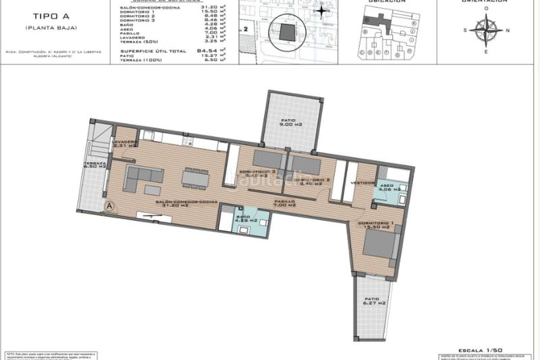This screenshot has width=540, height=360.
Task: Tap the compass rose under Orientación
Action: coord(486,30)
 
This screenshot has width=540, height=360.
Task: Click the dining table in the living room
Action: coord(196,179)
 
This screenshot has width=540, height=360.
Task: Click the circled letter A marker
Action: coord(107,205)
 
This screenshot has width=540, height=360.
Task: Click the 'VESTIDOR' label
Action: coord(363,183)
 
